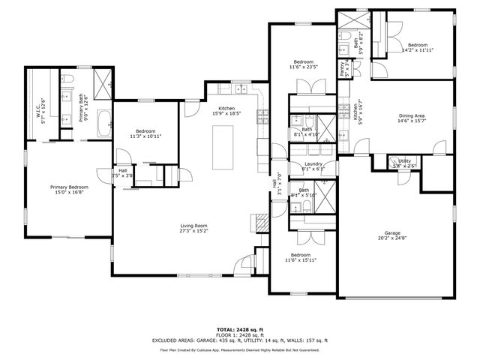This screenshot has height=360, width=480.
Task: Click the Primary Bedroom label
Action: pos(69,187)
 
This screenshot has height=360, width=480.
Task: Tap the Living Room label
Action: pos(193,226)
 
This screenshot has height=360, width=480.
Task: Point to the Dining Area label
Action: pos(412,115)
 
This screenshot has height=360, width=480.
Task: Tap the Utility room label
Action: pos(404,160)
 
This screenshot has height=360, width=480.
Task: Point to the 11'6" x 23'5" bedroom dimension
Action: pos(303,66)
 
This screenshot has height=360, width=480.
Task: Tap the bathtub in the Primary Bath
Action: pos(103,121)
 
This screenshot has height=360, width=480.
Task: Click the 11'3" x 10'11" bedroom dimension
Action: pos(145,136)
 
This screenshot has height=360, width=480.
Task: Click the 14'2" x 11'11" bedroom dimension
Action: pos(418,50)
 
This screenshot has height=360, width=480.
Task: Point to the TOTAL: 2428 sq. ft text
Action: pos(239,329)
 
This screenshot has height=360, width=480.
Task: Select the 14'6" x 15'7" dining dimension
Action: pos(412,121)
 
